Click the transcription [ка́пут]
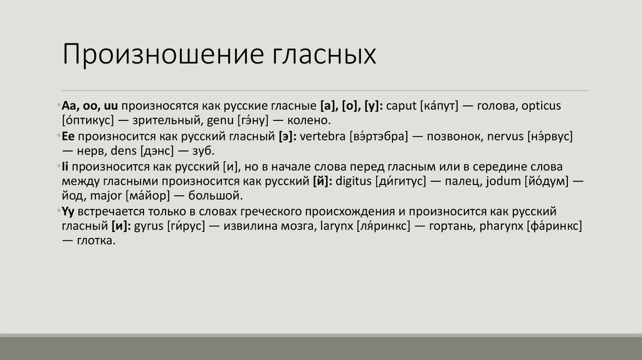coord(439,107)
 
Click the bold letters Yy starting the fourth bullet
coord(68,211)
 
